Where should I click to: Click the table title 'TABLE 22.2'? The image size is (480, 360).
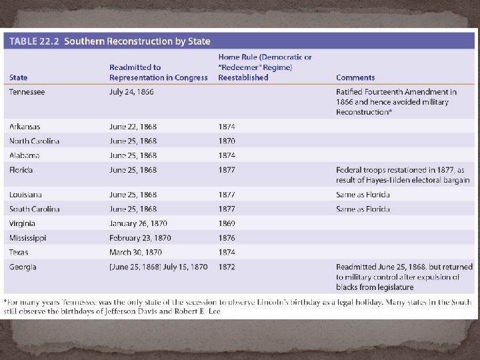[x=34, y=41]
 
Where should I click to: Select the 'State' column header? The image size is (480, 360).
[x=19, y=77]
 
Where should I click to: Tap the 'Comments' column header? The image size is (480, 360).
[x=355, y=77]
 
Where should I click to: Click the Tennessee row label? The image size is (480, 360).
[x=27, y=92]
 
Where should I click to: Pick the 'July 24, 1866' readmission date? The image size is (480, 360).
[x=131, y=92]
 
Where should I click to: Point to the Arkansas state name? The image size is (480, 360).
[x=25, y=127]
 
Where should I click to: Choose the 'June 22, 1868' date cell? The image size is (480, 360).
[x=133, y=127]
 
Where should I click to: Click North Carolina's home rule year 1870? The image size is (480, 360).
[x=227, y=141]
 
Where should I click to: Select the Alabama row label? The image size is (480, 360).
[x=24, y=155]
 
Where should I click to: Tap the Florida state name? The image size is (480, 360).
[x=21, y=170]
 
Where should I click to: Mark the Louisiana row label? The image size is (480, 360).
[x=25, y=195]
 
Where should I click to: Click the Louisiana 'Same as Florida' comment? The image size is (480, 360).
[x=363, y=195]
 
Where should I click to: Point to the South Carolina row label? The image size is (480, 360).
[x=34, y=209]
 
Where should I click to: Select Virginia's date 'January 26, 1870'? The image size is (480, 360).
[x=138, y=224]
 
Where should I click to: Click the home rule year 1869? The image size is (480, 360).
[x=227, y=224]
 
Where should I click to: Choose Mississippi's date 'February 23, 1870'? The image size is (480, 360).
[x=140, y=238]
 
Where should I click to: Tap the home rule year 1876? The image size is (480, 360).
[x=227, y=238]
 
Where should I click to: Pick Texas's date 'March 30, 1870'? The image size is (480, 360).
[x=135, y=253]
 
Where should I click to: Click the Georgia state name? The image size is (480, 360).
[x=23, y=267]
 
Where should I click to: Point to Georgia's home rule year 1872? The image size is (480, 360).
[x=227, y=267]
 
